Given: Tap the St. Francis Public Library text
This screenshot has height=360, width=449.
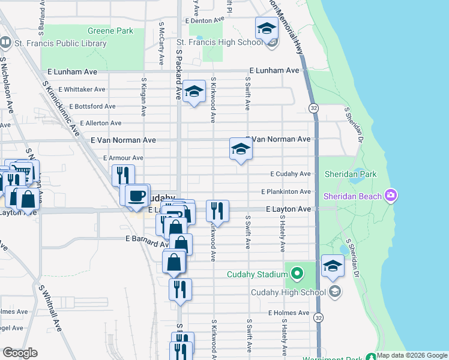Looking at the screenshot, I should [59, 43].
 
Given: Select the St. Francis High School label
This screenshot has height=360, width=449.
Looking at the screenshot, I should [220, 42].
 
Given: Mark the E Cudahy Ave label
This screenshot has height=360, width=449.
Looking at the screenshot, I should [291, 174].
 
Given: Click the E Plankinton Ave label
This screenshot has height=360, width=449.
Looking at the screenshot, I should [287, 192].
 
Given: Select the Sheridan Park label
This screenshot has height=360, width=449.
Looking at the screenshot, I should [350, 174].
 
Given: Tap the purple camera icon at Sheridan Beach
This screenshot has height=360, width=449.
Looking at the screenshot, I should [391, 195].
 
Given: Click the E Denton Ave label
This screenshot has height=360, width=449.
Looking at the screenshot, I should [205, 20].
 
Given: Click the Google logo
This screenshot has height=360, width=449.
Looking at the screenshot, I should [20, 353].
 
